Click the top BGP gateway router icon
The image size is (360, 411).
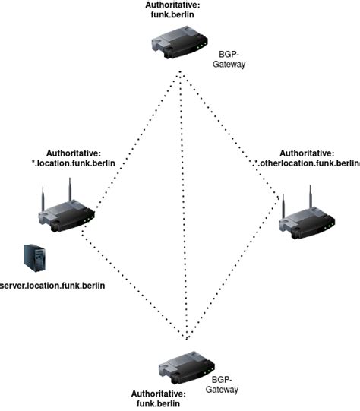(x=180, y=43)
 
